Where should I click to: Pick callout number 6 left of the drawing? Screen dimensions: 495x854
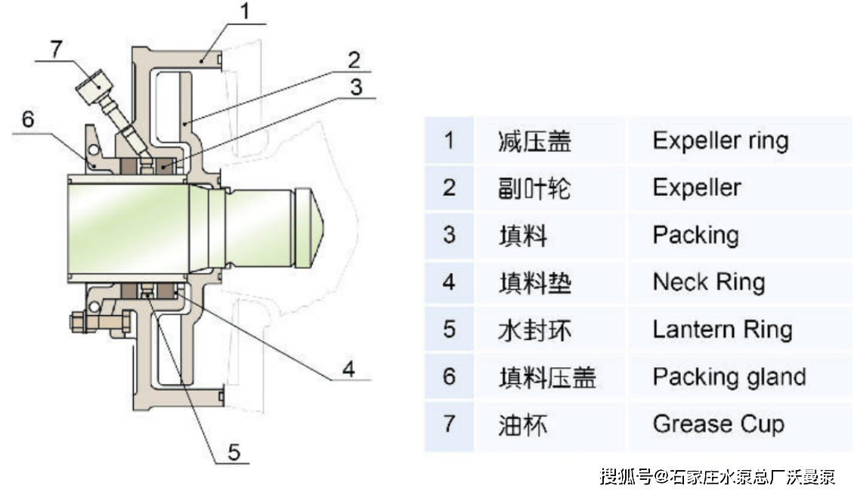[27, 119]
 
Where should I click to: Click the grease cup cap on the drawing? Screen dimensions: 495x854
[92, 87]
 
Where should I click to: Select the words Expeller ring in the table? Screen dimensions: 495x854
[719, 141]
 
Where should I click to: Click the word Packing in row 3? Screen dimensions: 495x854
[695, 235]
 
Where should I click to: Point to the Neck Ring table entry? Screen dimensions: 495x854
[708, 283]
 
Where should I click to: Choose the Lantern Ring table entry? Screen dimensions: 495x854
[722, 329]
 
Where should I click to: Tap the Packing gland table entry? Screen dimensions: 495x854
[729, 376]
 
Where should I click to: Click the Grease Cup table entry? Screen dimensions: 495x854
[718, 424]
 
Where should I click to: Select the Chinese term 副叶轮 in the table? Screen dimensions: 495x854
[534, 188]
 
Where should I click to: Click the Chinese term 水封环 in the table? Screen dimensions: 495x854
[534, 330]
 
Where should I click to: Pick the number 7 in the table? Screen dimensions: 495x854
[449, 424]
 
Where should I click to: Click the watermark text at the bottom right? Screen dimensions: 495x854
[717, 476]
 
